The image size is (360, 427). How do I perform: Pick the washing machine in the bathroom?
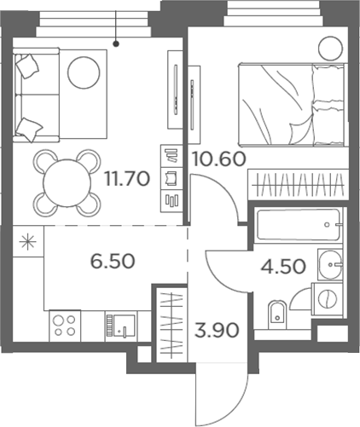click(x=326, y=297)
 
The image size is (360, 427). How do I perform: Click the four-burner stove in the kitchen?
click(x=65, y=325)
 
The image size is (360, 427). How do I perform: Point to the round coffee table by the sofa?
click(x=84, y=72)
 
